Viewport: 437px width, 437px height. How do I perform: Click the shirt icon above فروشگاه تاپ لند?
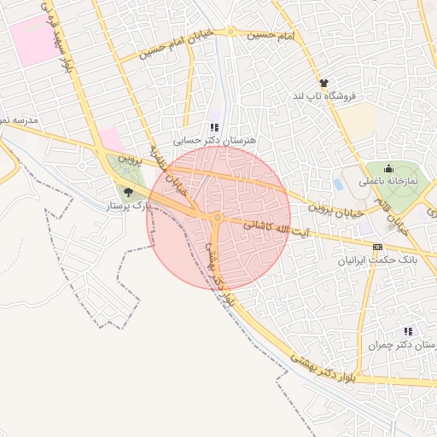[323, 83]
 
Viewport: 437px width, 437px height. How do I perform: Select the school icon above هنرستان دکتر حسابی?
[214, 126]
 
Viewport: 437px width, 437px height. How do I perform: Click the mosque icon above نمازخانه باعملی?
[388, 168]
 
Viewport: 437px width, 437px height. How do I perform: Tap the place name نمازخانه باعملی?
[388, 181]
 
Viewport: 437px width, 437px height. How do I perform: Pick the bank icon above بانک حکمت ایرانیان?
[378, 247]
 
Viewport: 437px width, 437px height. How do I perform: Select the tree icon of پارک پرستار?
[128, 193]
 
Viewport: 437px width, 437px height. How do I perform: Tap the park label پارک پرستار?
[128, 207]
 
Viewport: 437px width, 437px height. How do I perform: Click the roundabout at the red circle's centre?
[219, 218]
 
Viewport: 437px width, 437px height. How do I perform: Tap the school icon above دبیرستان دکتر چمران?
[407, 331]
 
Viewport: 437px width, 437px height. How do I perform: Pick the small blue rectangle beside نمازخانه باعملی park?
[339, 184]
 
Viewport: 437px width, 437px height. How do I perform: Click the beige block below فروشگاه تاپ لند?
[360, 119]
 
